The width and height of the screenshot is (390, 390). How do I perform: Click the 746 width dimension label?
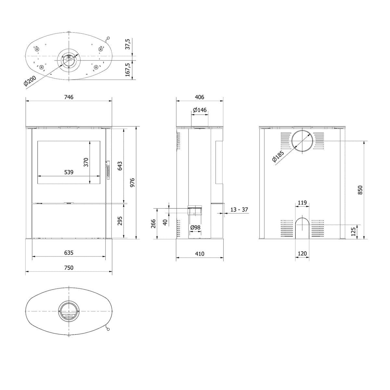click(x=69, y=97)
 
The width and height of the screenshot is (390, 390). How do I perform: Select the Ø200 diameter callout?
click(x=30, y=81)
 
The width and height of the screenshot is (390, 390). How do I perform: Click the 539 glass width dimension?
click(x=69, y=172)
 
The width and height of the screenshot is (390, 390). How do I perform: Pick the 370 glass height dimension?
click(x=86, y=162)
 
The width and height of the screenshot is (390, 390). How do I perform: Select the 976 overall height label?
click(x=132, y=182)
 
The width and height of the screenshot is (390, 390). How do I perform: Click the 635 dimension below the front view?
click(x=69, y=253)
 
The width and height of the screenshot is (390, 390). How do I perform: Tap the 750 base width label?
click(x=69, y=268)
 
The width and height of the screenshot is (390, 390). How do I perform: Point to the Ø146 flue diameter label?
click(x=200, y=110)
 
